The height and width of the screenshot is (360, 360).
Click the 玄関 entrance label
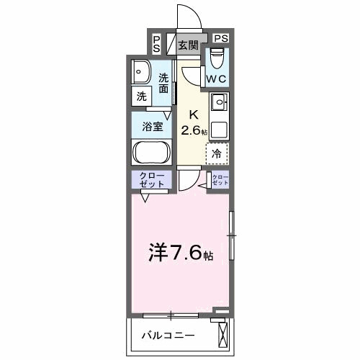189,45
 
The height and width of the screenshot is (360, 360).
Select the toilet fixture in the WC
218,56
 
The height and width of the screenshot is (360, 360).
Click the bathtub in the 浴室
151,153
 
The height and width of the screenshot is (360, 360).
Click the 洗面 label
164,84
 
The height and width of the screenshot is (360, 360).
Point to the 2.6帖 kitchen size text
194,130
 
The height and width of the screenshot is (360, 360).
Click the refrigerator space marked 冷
217,153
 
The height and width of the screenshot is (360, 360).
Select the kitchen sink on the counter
218,100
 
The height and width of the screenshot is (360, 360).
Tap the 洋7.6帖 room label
181,253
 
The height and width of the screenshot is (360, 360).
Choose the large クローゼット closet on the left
150,181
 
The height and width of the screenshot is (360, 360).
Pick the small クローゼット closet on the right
220,181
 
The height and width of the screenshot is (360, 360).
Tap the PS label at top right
220,38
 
